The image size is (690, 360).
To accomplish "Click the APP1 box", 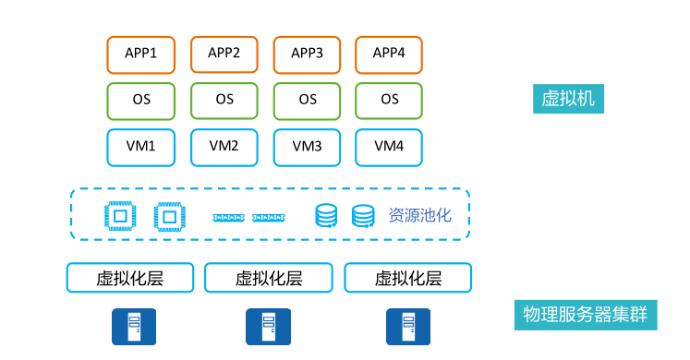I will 141,54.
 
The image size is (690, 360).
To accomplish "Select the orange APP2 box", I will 224,54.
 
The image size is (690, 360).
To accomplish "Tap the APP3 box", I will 308,54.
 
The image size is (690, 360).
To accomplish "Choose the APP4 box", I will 390,54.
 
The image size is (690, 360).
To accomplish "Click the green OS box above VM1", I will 141,100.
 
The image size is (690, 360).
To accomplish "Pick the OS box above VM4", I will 390,100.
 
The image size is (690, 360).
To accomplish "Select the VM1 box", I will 141,146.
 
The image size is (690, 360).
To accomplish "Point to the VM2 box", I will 224,146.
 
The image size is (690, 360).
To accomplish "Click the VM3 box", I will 308,146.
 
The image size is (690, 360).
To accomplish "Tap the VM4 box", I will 390,146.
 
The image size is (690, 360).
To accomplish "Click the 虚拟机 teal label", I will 568,99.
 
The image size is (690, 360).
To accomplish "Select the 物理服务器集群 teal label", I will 585,314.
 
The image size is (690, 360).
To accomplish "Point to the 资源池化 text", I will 419,216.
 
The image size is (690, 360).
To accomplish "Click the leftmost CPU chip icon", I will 119,216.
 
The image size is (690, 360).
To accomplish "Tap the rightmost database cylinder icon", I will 363,216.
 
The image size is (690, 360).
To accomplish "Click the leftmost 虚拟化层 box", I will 130,278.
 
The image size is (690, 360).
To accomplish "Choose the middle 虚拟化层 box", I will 269,278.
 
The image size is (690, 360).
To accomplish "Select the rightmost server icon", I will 406,327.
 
